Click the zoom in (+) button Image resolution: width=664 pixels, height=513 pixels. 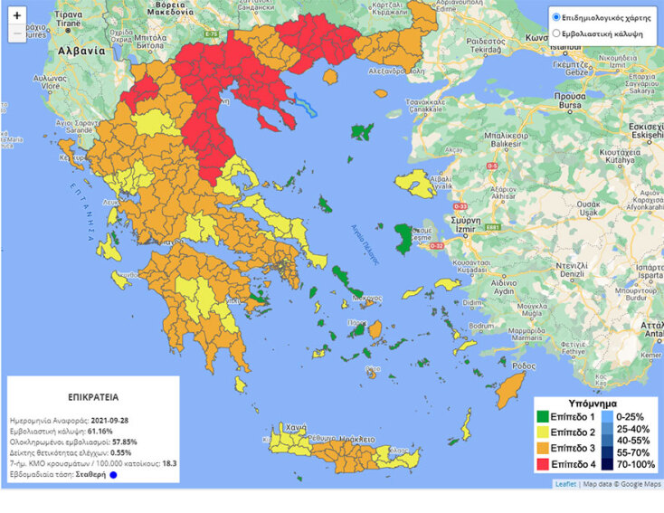pos(17,16)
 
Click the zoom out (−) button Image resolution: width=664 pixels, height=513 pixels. pos(17,33)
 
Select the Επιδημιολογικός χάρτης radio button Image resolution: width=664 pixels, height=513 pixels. pos(555,17)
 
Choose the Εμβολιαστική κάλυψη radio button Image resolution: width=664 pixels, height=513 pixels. pos(555,34)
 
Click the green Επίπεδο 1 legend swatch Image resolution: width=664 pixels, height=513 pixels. pos(544,417)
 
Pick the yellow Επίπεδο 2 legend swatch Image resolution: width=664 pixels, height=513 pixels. pos(544,432)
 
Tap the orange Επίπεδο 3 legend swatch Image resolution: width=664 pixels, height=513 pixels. pos(544,449)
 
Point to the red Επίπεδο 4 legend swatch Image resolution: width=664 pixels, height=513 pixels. pos(544,464)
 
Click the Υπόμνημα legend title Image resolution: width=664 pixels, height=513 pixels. pos(593,403)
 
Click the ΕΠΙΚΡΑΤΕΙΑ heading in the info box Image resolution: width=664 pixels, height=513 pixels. pos(93,396)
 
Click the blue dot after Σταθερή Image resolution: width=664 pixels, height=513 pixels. pos(114,475)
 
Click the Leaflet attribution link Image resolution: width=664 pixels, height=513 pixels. pos(565,484)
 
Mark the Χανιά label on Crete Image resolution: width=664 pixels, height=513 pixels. pos(295,427)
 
